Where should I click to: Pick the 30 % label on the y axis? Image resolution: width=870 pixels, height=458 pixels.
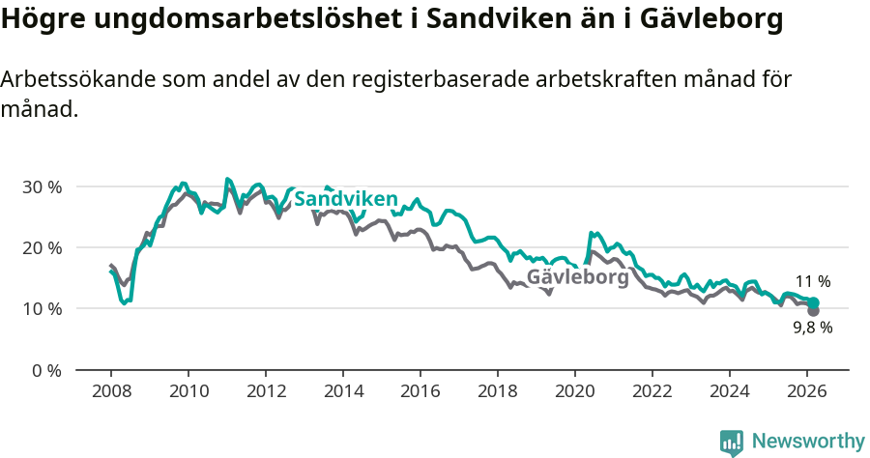42,186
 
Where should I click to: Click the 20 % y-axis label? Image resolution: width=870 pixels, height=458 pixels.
42,247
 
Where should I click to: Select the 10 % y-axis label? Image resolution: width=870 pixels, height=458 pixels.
42,309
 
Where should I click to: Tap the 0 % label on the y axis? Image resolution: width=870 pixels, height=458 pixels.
46,370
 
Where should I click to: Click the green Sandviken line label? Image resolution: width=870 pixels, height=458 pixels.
345,199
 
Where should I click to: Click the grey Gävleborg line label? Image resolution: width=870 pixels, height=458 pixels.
577,277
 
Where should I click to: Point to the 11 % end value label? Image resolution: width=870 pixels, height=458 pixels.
813,282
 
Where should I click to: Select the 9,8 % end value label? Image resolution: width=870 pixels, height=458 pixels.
812,328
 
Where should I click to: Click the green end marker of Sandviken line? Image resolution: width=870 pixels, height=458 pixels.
814,303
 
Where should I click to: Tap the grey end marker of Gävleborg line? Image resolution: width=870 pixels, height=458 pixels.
813,310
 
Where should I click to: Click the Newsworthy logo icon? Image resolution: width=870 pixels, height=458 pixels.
732,442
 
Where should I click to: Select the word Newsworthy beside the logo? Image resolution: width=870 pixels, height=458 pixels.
808,442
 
